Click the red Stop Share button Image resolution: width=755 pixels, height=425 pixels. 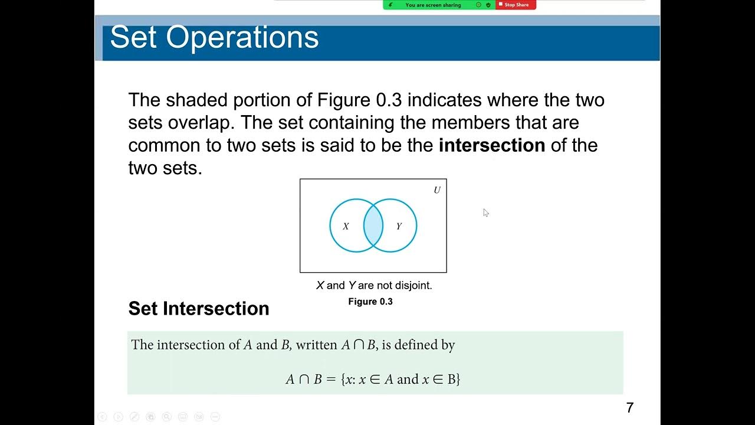pyautogui.click(x=516, y=5)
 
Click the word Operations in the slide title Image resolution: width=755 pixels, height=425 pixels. pyautogui.click(x=242, y=37)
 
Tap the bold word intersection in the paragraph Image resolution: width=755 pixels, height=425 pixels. pyautogui.click(x=491, y=145)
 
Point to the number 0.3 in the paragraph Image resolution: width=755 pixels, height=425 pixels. pyautogui.click(x=389, y=100)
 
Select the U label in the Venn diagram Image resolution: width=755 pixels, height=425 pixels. pyautogui.click(x=437, y=190)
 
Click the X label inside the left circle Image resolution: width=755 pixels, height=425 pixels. pyautogui.click(x=346, y=226)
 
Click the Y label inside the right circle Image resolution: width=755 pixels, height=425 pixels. pyautogui.click(x=399, y=226)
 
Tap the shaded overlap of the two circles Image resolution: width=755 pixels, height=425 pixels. pyautogui.click(x=373, y=225)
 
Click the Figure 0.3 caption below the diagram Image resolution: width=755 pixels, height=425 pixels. pyautogui.click(x=370, y=302)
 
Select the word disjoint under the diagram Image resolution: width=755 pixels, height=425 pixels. pyautogui.click(x=412, y=286)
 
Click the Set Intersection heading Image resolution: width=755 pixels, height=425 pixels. pyautogui.click(x=199, y=308)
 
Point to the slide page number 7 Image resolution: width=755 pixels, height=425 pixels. pyautogui.click(x=630, y=407)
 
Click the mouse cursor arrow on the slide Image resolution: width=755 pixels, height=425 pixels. pyautogui.click(x=485, y=212)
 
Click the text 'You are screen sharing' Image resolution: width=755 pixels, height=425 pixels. pyautogui.click(x=433, y=5)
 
